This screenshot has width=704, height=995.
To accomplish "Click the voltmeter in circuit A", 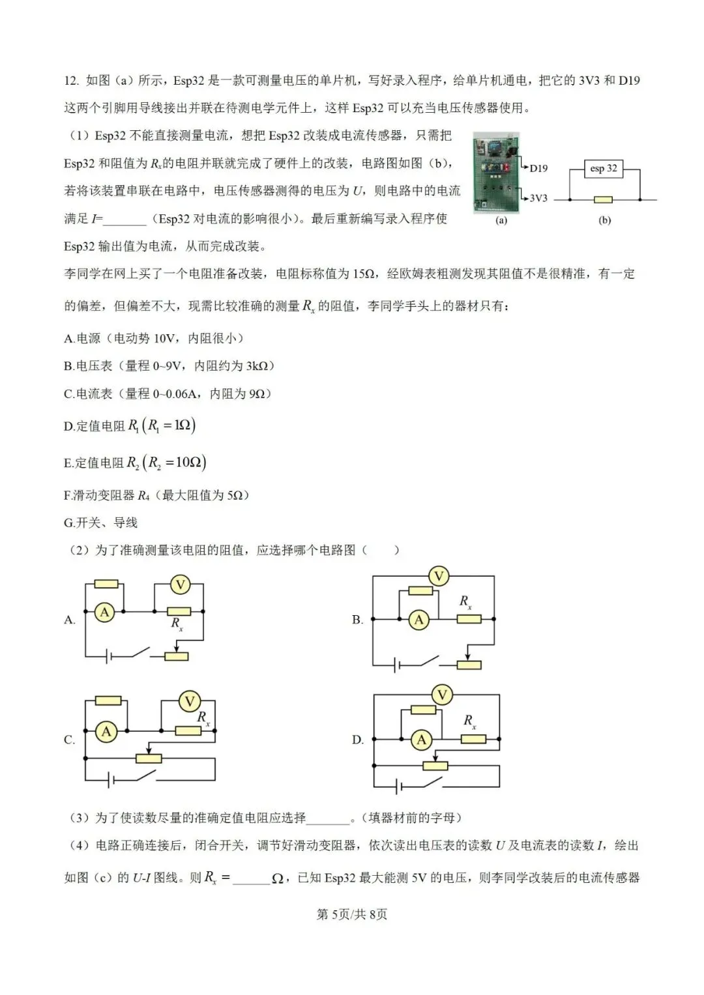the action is [180, 584].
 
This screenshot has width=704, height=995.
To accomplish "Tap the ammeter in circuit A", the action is [104, 612].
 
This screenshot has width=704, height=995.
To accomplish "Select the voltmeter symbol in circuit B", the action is [439, 576].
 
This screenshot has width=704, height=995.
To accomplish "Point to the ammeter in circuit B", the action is [419, 620].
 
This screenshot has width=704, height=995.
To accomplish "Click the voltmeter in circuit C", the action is [190, 702].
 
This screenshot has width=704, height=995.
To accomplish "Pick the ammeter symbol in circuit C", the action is [106, 732].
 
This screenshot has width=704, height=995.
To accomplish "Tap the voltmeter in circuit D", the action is [443, 695].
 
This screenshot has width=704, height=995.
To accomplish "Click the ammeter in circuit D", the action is [422, 740].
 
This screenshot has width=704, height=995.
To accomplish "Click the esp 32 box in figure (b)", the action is [604, 169].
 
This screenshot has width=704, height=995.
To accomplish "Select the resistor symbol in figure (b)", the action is [603, 199].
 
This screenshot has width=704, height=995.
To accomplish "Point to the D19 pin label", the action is [538, 168].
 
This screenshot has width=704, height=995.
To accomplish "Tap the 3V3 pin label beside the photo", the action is [538, 198].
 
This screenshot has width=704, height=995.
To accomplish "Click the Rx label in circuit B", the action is [465, 602].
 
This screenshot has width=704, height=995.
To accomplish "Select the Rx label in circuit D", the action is [469, 721].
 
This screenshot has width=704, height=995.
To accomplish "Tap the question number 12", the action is [71, 81].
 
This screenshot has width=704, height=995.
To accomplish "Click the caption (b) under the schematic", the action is [605, 220].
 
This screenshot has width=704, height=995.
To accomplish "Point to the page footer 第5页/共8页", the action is [352, 914].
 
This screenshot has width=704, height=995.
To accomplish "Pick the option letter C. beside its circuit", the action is [70, 740].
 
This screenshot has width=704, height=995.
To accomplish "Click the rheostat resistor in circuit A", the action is [177, 656].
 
